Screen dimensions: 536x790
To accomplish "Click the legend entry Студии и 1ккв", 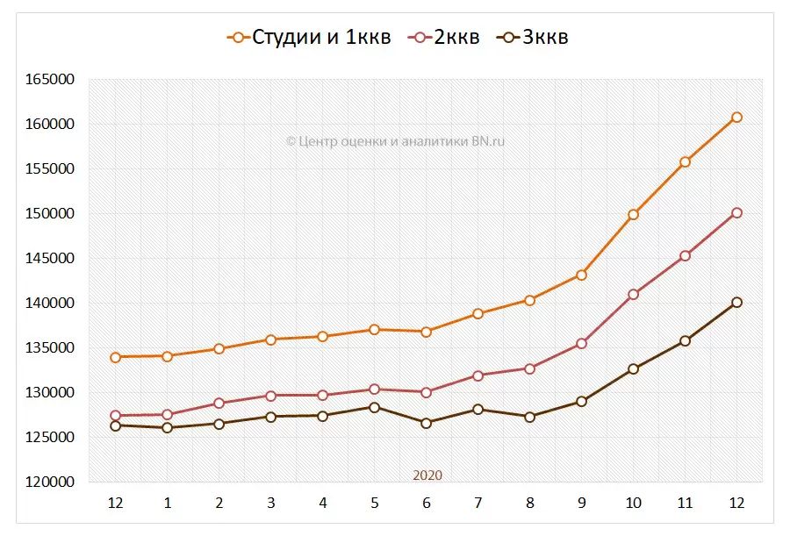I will click(309, 37).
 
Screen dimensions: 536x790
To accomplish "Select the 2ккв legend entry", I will click(447, 37).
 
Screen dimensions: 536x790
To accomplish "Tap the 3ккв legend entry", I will click(534, 37).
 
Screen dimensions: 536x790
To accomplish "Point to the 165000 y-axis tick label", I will click(50, 80).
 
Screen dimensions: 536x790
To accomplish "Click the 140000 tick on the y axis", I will click(50, 304).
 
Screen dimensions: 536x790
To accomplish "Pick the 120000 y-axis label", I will click(50, 482).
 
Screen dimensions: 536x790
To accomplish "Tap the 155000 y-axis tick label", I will click(50, 169).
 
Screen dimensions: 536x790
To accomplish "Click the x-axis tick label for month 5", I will click(375, 504).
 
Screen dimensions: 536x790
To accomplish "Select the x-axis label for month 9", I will click(581, 504).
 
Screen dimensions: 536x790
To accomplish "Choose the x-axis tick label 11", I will click(685, 504).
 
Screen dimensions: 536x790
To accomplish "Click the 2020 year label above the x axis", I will click(427, 475).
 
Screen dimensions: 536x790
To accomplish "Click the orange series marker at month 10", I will click(633, 214).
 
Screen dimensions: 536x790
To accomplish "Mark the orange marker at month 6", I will click(427, 332).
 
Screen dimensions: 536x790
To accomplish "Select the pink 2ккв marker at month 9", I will click(581, 344).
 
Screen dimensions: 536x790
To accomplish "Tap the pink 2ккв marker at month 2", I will click(219, 404).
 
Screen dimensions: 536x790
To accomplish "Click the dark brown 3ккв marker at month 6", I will click(427, 423).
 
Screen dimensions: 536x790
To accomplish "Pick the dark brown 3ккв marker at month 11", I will click(685, 340).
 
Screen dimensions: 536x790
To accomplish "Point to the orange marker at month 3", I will click(271, 339).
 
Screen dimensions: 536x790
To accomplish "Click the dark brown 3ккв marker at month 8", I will click(529, 417).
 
